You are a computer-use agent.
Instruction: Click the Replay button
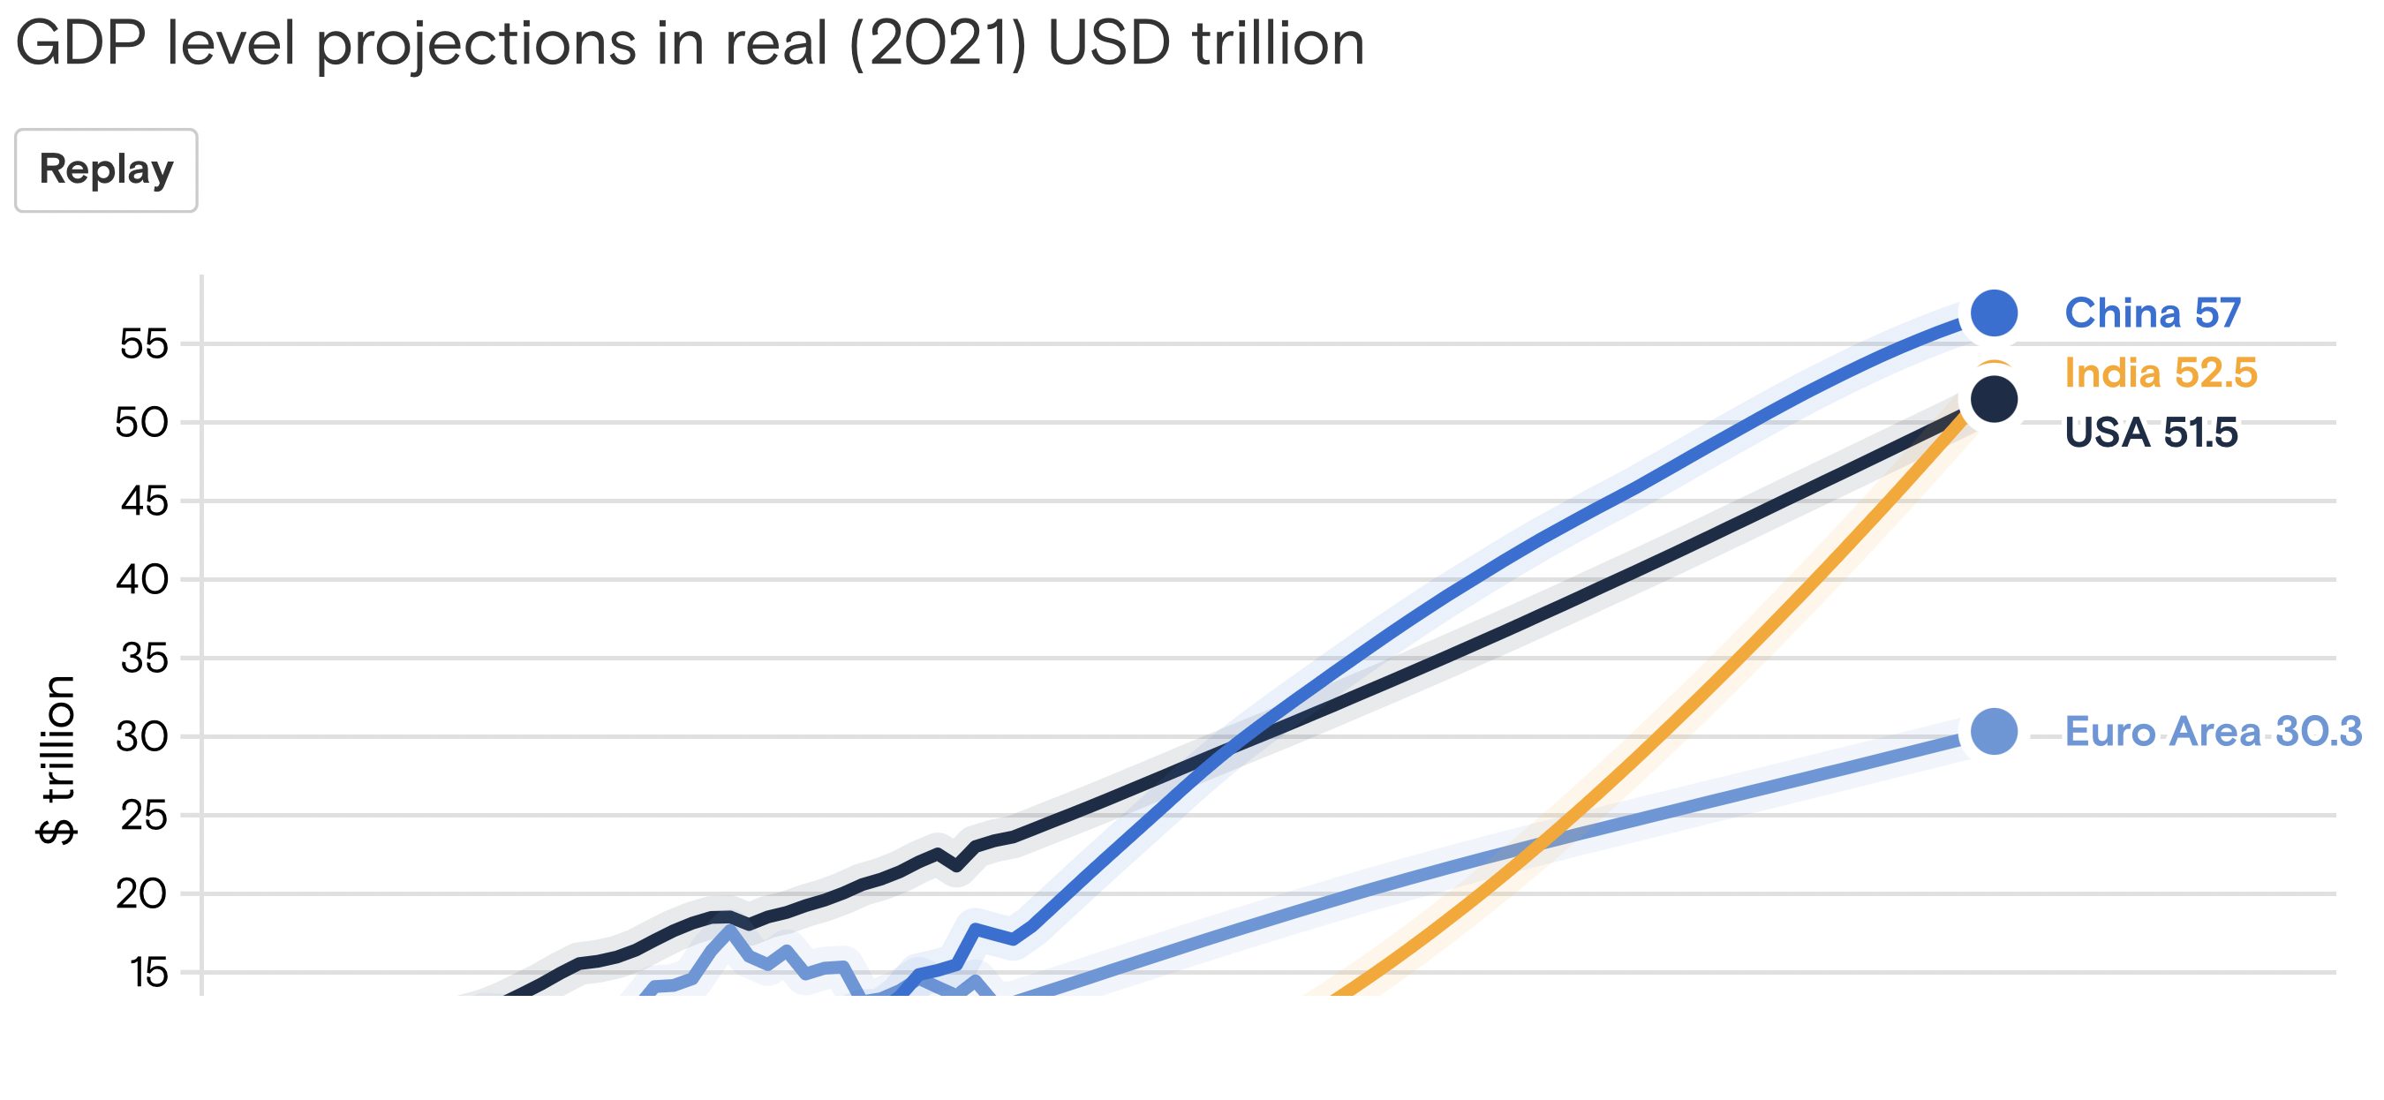click(105, 170)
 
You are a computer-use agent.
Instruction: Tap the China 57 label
click(2152, 313)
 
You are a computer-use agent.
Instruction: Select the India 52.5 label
click(2160, 373)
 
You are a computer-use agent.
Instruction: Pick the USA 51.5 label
click(2150, 432)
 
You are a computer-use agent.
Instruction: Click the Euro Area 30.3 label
click(2212, 732)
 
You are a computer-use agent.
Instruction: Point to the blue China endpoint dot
click(1994, 313)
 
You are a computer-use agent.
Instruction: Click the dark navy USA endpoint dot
click(1994, 400)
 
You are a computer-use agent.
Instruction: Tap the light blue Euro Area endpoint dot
click(1994, 732)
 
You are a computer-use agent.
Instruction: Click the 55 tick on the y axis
click(143, 344)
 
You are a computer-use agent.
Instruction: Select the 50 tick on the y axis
click(141, 423)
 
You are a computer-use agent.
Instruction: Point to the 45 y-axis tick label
click(143, 501)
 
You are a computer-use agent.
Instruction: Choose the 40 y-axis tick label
click(141, 580)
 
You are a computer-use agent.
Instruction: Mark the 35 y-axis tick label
click(143, 659)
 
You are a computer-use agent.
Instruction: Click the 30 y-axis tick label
click(141, 737)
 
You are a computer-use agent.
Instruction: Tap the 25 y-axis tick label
click(143, 816)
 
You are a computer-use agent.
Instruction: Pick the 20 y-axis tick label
click(141, 894)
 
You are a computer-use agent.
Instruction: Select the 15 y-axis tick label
click(148, 973)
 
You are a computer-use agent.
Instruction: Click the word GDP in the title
click(80, 43)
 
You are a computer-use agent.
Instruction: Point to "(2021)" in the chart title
click(938, 43)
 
